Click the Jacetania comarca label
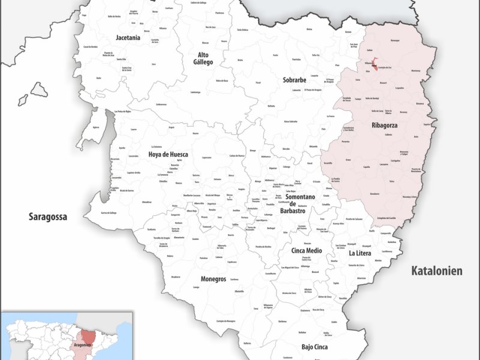(x=128, y=37)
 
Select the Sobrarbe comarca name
(x=295, y=80)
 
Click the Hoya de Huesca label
(x=168, y=154)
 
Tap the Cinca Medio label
(x=307, y=250)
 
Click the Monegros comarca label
(x=214, y=279)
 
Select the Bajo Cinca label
(x=314, y=347)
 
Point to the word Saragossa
(x=48, y=217)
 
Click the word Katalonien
(x=437, y=271)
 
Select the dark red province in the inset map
(x=88, y=335)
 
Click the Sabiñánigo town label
(x=194, y=92)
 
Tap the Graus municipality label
(x=348, y=160)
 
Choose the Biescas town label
(x=205, y=43)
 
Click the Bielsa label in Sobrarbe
(x=310, y=29)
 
